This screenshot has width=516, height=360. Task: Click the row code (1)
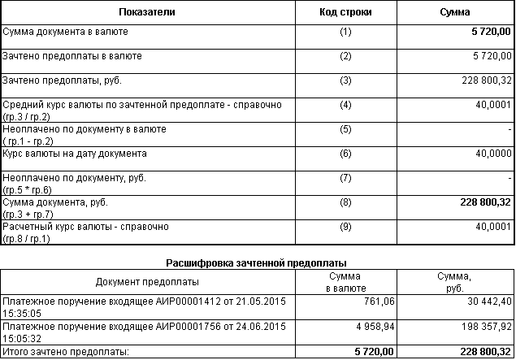pos(345,33)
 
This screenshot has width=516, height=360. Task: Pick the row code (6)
pos(345,154)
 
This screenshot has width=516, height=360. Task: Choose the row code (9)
pos(345,227)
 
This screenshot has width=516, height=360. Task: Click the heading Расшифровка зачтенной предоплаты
pos(257,263)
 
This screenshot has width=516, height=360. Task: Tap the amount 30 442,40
pos(485,301)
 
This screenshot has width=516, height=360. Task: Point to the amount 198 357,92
pos(483,326)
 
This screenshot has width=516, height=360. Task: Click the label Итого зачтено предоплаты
pos(66,351)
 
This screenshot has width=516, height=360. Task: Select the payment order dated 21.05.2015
pos(145,306)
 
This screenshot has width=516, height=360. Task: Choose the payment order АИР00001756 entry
pos(145,331)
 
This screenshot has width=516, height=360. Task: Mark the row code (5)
pos(345,129)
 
